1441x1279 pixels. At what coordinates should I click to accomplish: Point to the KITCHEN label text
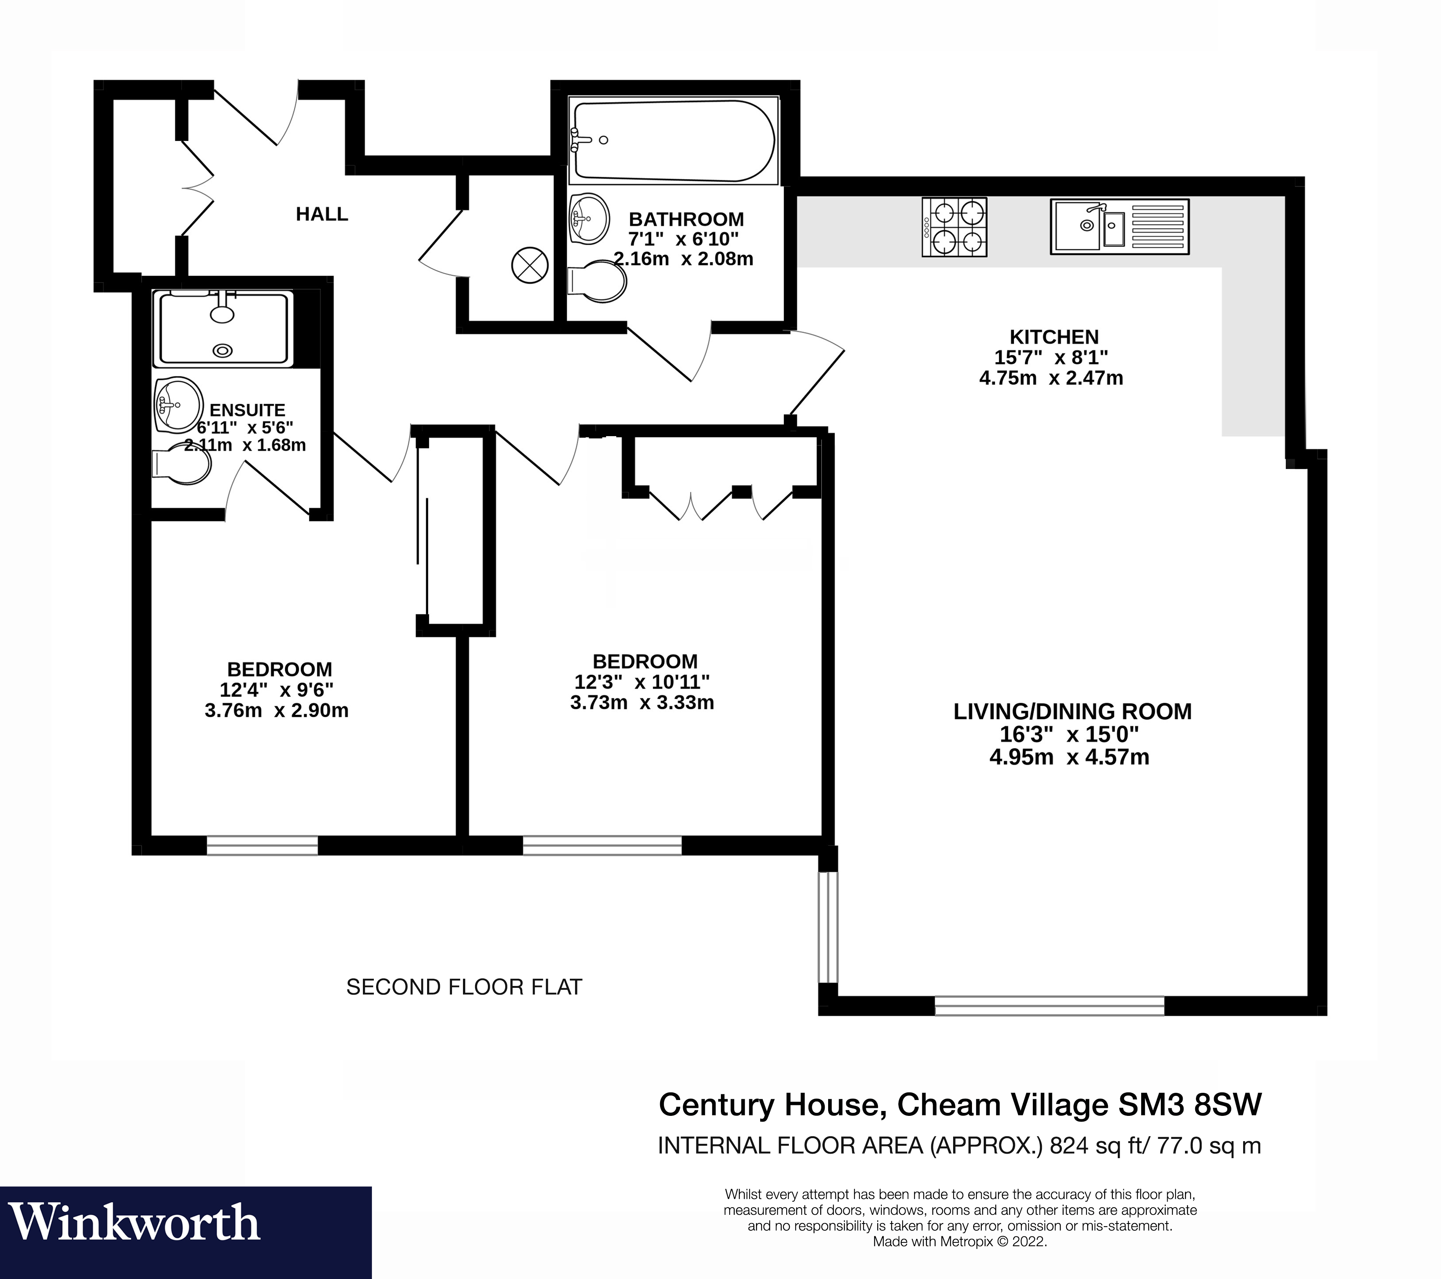[x=1054, y=337]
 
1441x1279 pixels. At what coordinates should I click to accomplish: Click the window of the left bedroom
[x=262, y=845]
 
